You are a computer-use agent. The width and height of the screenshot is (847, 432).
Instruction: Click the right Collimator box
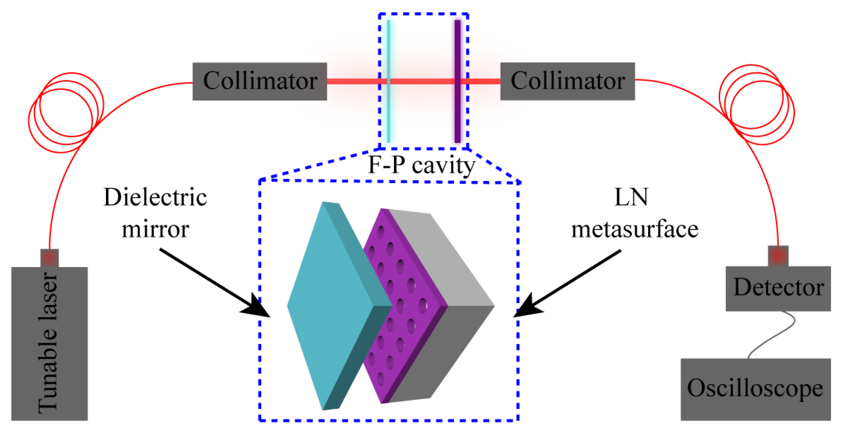click(567, 81)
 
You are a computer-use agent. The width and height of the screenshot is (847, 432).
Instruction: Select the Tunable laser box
click(49, 344)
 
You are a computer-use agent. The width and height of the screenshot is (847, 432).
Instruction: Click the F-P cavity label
click(421, 165)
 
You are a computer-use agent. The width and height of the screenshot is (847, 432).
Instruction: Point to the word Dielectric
click(155, 197)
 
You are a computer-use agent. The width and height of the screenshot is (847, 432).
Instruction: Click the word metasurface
click(635, 229)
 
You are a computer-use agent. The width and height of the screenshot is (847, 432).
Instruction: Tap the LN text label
click(631, 197)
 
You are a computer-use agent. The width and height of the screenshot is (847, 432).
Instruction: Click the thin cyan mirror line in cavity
click(389, 49)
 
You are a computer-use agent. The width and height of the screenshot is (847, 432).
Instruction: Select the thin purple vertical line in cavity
click(457, 49)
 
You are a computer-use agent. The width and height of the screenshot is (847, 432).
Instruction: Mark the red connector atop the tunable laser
click(49, 258)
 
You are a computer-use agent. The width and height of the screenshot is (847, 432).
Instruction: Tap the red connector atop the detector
click(778, 256)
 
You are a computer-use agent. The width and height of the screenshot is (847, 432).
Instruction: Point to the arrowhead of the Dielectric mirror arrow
click(258, 307)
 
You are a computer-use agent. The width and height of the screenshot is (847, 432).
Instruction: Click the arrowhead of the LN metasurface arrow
click(526, 307)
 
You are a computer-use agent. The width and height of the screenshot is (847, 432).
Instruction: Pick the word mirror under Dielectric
click(155, 229)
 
